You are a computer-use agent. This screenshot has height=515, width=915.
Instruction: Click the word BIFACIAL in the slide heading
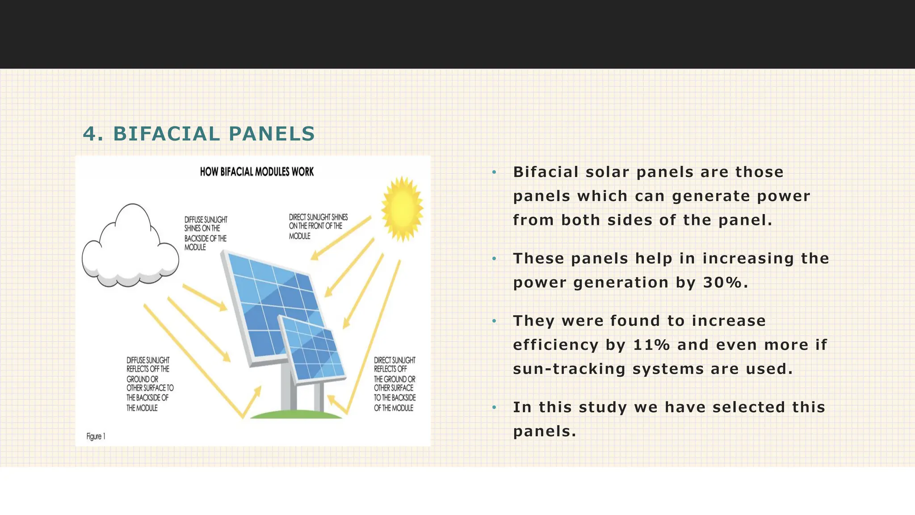click(x=166, y=134)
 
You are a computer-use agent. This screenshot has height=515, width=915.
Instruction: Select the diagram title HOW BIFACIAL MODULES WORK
click(x=256, y=172)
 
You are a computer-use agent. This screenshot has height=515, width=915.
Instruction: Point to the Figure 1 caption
click(x=96, y=436)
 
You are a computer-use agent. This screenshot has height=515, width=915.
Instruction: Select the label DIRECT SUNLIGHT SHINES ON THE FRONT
click(x=317, y=226)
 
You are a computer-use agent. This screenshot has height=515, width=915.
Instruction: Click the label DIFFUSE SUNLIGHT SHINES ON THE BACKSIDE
click(x=206, y=233)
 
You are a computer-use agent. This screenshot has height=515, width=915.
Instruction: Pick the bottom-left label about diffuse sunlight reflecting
click(x=149, y=384)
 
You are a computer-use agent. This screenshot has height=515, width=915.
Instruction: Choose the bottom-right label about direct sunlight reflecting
click(x=395, y=384)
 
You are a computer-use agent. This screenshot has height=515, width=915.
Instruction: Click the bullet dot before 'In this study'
click(x=494, y=407)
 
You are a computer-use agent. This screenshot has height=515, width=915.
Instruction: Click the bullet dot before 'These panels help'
click(x=494, y=259)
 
